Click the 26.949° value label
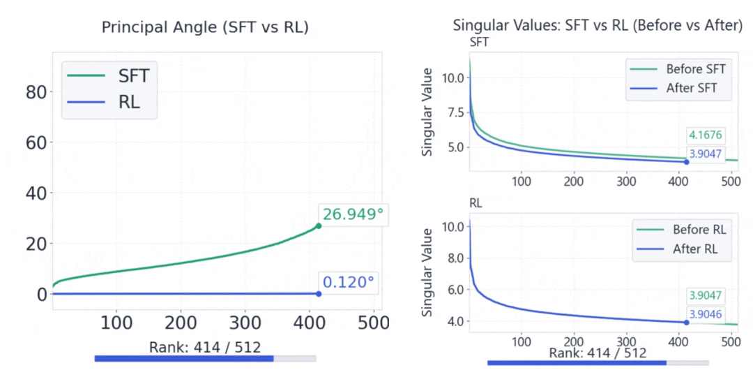pos(352,214)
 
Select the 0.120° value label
pos(348,283)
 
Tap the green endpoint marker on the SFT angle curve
pos(319,226)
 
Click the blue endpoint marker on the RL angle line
pos(319,294)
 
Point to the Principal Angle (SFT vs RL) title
pos(205,27)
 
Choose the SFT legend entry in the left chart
pos(110,74)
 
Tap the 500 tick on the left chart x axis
pos(373,323)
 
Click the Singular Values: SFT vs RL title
pos(598,26)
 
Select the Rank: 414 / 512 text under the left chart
pos(205,347)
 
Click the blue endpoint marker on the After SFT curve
pos(687,162)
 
